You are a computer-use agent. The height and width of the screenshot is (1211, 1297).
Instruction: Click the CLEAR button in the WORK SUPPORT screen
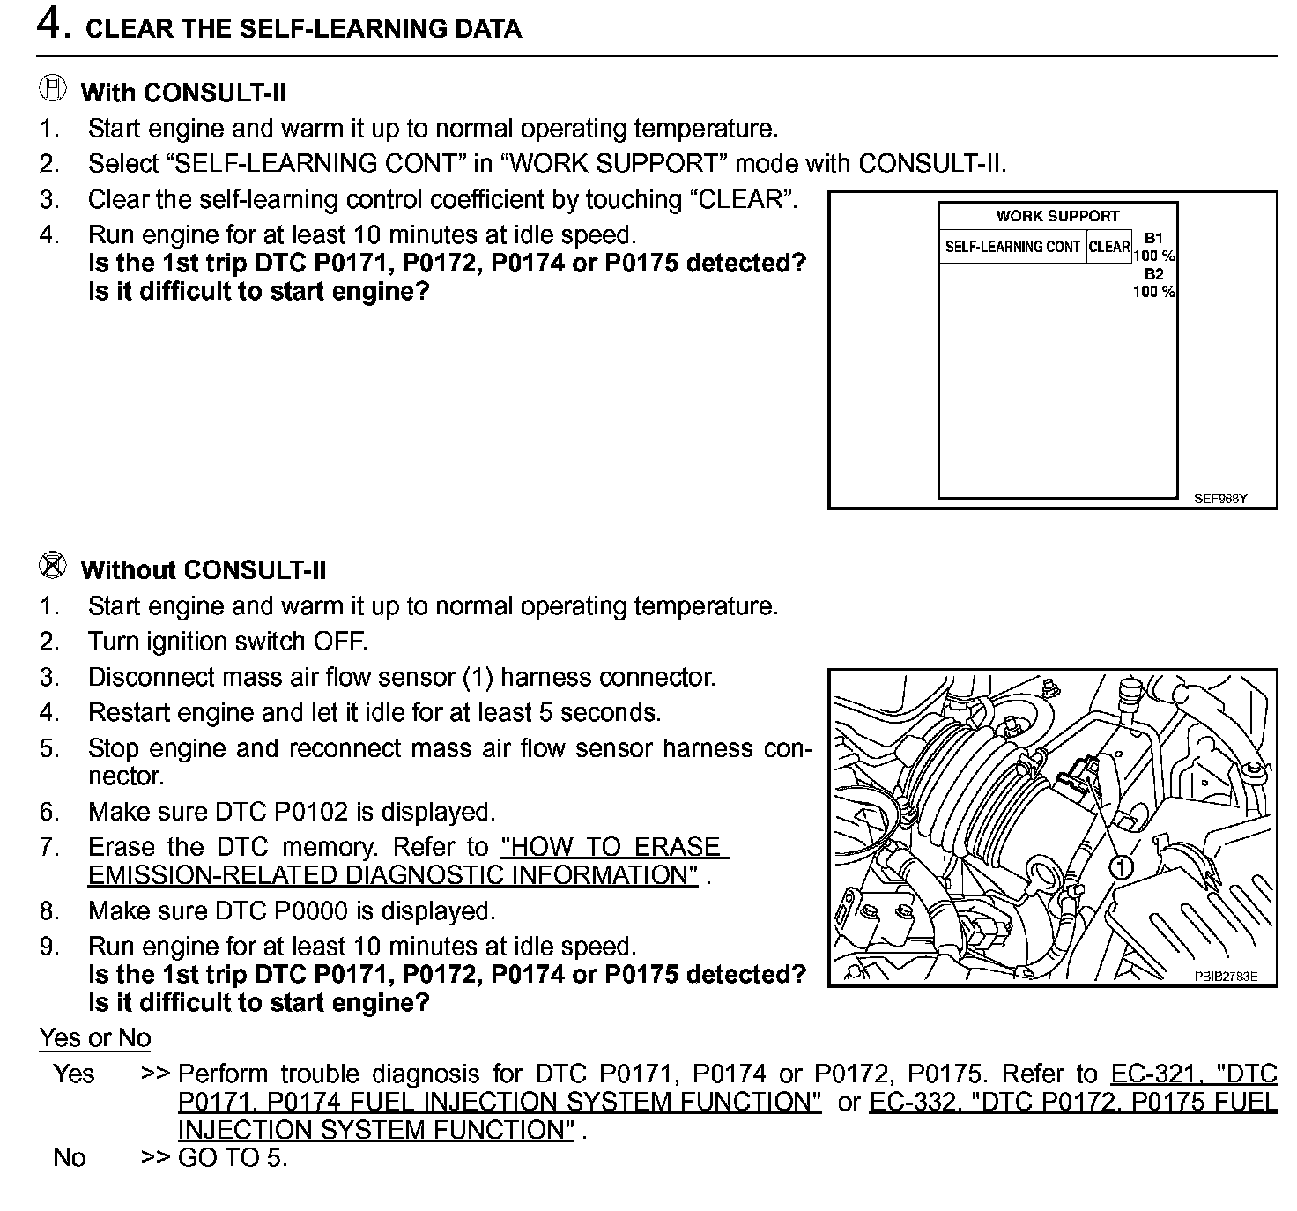(1109, 247)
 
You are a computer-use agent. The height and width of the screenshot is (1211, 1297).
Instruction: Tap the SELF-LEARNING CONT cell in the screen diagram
(1012, 247)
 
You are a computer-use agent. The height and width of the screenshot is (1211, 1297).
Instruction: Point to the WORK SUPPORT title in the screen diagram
(1057, 216)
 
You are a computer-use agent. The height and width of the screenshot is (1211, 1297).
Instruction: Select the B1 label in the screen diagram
(1153, 238)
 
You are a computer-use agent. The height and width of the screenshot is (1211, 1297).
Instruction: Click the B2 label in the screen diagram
(1153, 274)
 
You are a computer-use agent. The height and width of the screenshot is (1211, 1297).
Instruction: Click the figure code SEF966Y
(1220, 498)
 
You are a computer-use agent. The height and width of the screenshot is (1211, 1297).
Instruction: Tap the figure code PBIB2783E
(1226, 977)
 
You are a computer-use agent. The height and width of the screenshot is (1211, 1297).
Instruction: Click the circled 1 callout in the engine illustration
(1122, 867)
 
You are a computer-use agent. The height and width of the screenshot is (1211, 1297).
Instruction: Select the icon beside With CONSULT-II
(53, 88)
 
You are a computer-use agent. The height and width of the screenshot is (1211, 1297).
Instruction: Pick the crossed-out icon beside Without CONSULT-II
(53, 566)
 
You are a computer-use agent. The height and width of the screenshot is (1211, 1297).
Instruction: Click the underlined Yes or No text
(95, 1038)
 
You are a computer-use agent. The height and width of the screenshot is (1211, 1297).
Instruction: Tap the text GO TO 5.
(233, 1158)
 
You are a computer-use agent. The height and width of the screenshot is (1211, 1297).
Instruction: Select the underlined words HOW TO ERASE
(614, 847)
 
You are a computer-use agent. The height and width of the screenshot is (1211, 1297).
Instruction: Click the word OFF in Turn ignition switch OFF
(339, 642)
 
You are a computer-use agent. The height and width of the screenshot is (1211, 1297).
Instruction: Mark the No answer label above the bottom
(70, 1157)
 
